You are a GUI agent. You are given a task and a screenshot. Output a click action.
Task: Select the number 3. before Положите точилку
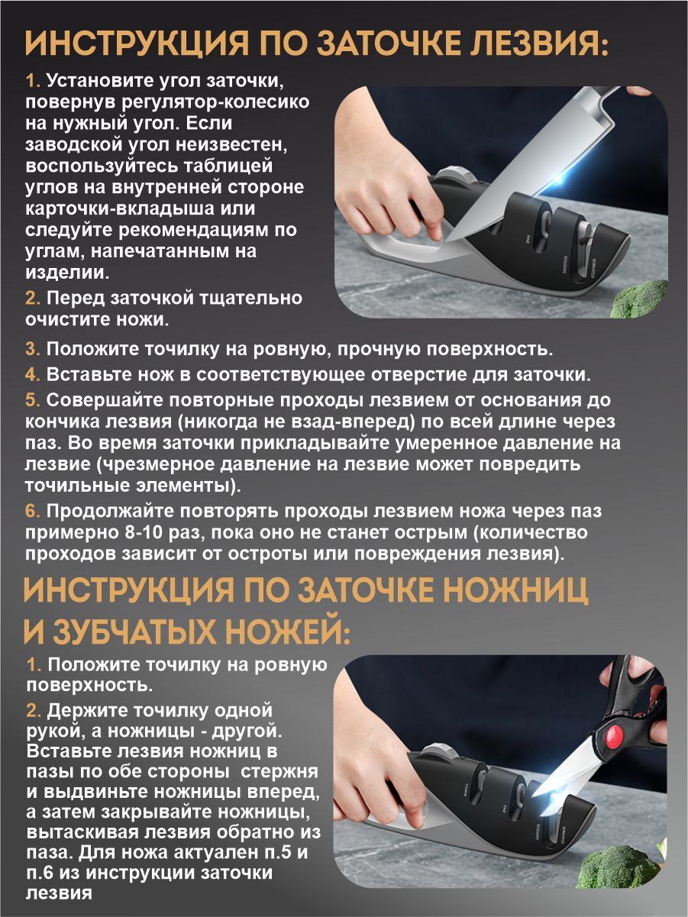coord(33,349)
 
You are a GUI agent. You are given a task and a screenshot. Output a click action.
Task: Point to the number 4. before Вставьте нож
coord(33,374)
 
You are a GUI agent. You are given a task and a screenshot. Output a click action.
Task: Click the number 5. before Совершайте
coord(33,400)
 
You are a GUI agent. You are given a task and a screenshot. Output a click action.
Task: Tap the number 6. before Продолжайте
coord(33,511)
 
